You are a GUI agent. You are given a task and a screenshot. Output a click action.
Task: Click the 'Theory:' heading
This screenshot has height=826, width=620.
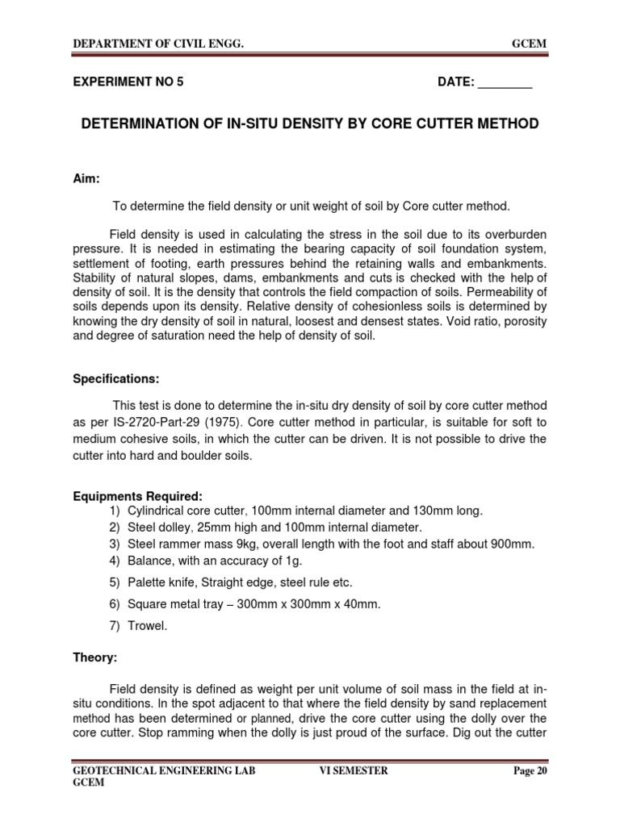tap(95, 658)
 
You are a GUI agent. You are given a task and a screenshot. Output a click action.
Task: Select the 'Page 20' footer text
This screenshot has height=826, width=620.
tap(530, 771)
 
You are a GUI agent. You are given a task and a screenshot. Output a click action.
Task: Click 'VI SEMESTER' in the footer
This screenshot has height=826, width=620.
tap(354, 771)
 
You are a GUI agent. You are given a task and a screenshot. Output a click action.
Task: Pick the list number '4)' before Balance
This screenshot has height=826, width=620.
tap(112, 561)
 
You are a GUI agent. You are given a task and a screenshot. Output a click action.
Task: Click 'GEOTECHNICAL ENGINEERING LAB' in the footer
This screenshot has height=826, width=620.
tap(164, 771)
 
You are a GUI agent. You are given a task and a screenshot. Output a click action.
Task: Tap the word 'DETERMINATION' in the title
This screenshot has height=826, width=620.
tap(136, 124)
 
